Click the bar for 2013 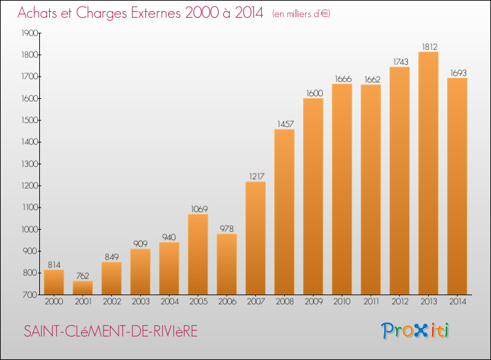click(428, 173)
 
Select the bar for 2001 click(82, 288)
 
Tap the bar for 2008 click(284, 212)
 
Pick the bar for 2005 click(198, 255)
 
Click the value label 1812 click(428, 46)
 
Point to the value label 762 click(82, 276)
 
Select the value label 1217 click(255, 176)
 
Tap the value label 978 click(227, 228)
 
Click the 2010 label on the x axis click(342, 302)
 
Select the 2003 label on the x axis click(140, 302)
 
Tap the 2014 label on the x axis click(457, 302)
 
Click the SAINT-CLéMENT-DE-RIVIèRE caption click(110, 332)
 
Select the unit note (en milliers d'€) click(301, 14)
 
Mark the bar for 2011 click(371, 190)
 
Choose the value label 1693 click(457, 73)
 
